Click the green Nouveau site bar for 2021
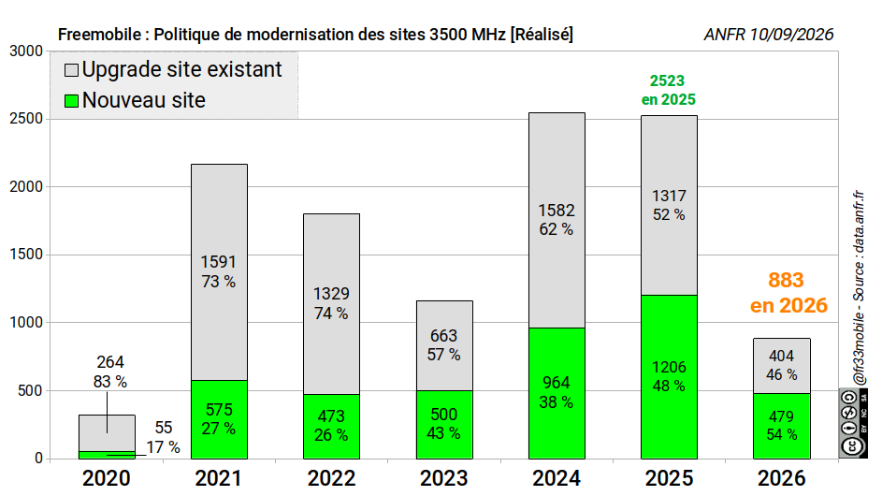pos(219,419)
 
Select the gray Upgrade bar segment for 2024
pos(557,220)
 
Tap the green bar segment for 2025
pos(669,376)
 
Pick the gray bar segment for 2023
pos(444,345)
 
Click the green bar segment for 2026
pos(781,426)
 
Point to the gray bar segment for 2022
pos(331,304)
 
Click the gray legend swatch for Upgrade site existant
pos(71,70)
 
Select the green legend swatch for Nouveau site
pos(71,101)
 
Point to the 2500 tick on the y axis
pos(26,119)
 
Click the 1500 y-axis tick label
pos(26,255)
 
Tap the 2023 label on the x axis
pos(444,478)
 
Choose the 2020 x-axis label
pos(107,478)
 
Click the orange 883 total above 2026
pos(786,280)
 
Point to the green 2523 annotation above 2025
pos(667,81)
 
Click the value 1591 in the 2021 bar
pos(218,262)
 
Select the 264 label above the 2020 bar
pos(109,362)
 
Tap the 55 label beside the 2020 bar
pos(163,428)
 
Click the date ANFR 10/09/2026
pos(769,35)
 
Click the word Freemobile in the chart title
pos(99,35)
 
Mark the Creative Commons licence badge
pos(853,422)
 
